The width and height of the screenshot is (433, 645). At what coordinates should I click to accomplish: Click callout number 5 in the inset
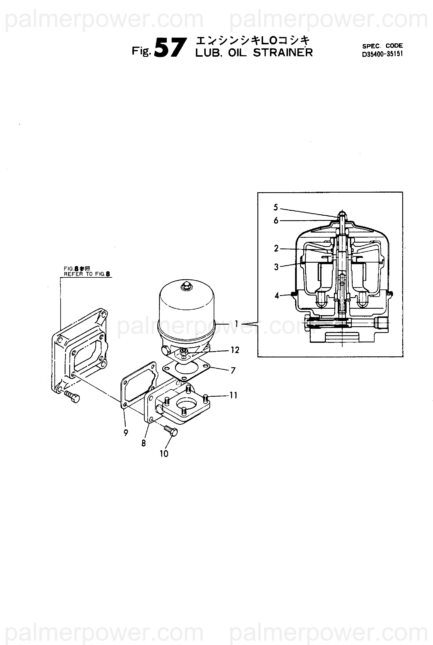click(x=276, y=207)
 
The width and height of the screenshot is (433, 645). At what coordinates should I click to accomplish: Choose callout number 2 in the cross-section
click(x=276, y=248)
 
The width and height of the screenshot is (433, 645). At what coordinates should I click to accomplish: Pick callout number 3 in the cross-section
click(x=276, y=267)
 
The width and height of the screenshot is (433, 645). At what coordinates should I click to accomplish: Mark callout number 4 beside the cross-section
click(x=277, y=296)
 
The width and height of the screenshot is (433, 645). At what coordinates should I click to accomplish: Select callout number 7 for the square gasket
click(x=233, y=371)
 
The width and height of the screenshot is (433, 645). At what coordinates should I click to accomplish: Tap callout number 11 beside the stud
click(x=233, y=395)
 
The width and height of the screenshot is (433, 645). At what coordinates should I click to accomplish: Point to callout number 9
click(x=126, y=433)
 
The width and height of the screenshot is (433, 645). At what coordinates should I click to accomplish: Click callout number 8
click(x=144, y=443)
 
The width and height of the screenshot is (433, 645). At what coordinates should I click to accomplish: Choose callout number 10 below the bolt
click(x=164, y=453)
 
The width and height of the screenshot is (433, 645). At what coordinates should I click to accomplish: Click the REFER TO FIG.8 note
click(x=87, y=274)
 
